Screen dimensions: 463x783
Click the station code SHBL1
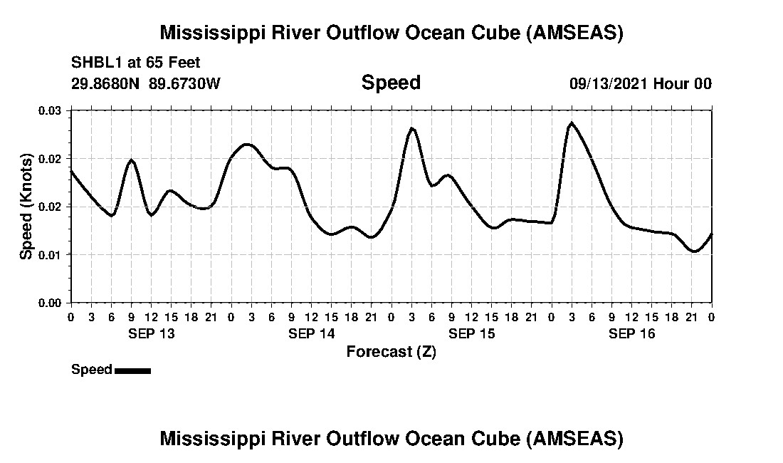pyautogui.click(x=95, y=61)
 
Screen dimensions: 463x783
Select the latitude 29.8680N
pyautogui.click(x=107, y=83)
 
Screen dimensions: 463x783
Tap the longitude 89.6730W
pyautogui.click(x=185, y=83)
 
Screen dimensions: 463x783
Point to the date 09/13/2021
pyautogui.click(x=609, y=83)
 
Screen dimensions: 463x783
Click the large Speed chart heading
pyautogui.click(x=391, y=83)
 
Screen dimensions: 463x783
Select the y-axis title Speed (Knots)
pyautogui.click(x=26, y=207)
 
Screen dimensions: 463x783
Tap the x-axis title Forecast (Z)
pyautogui.click(x=391, y=351)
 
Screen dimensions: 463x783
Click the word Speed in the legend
pyautogui.click(x=91, y=370)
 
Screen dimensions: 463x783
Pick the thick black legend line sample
pyautogui.click(x=132, y=370)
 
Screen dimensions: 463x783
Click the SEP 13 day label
pyautogui.click(x=151, y=333)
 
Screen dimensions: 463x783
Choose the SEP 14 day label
pyautogui.click(x=311, y=333)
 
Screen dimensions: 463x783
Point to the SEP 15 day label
pyautogui.click(x=471, y=333)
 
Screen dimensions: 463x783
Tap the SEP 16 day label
pyautogui.click(x=631, y=333)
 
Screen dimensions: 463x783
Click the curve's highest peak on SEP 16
pyautogui.click(x=572, y=123)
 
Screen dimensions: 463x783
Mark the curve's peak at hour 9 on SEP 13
pyautogui.click(x=132, y=160)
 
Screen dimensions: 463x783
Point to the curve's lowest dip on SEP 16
pyautogui.click(x=695, y=251)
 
